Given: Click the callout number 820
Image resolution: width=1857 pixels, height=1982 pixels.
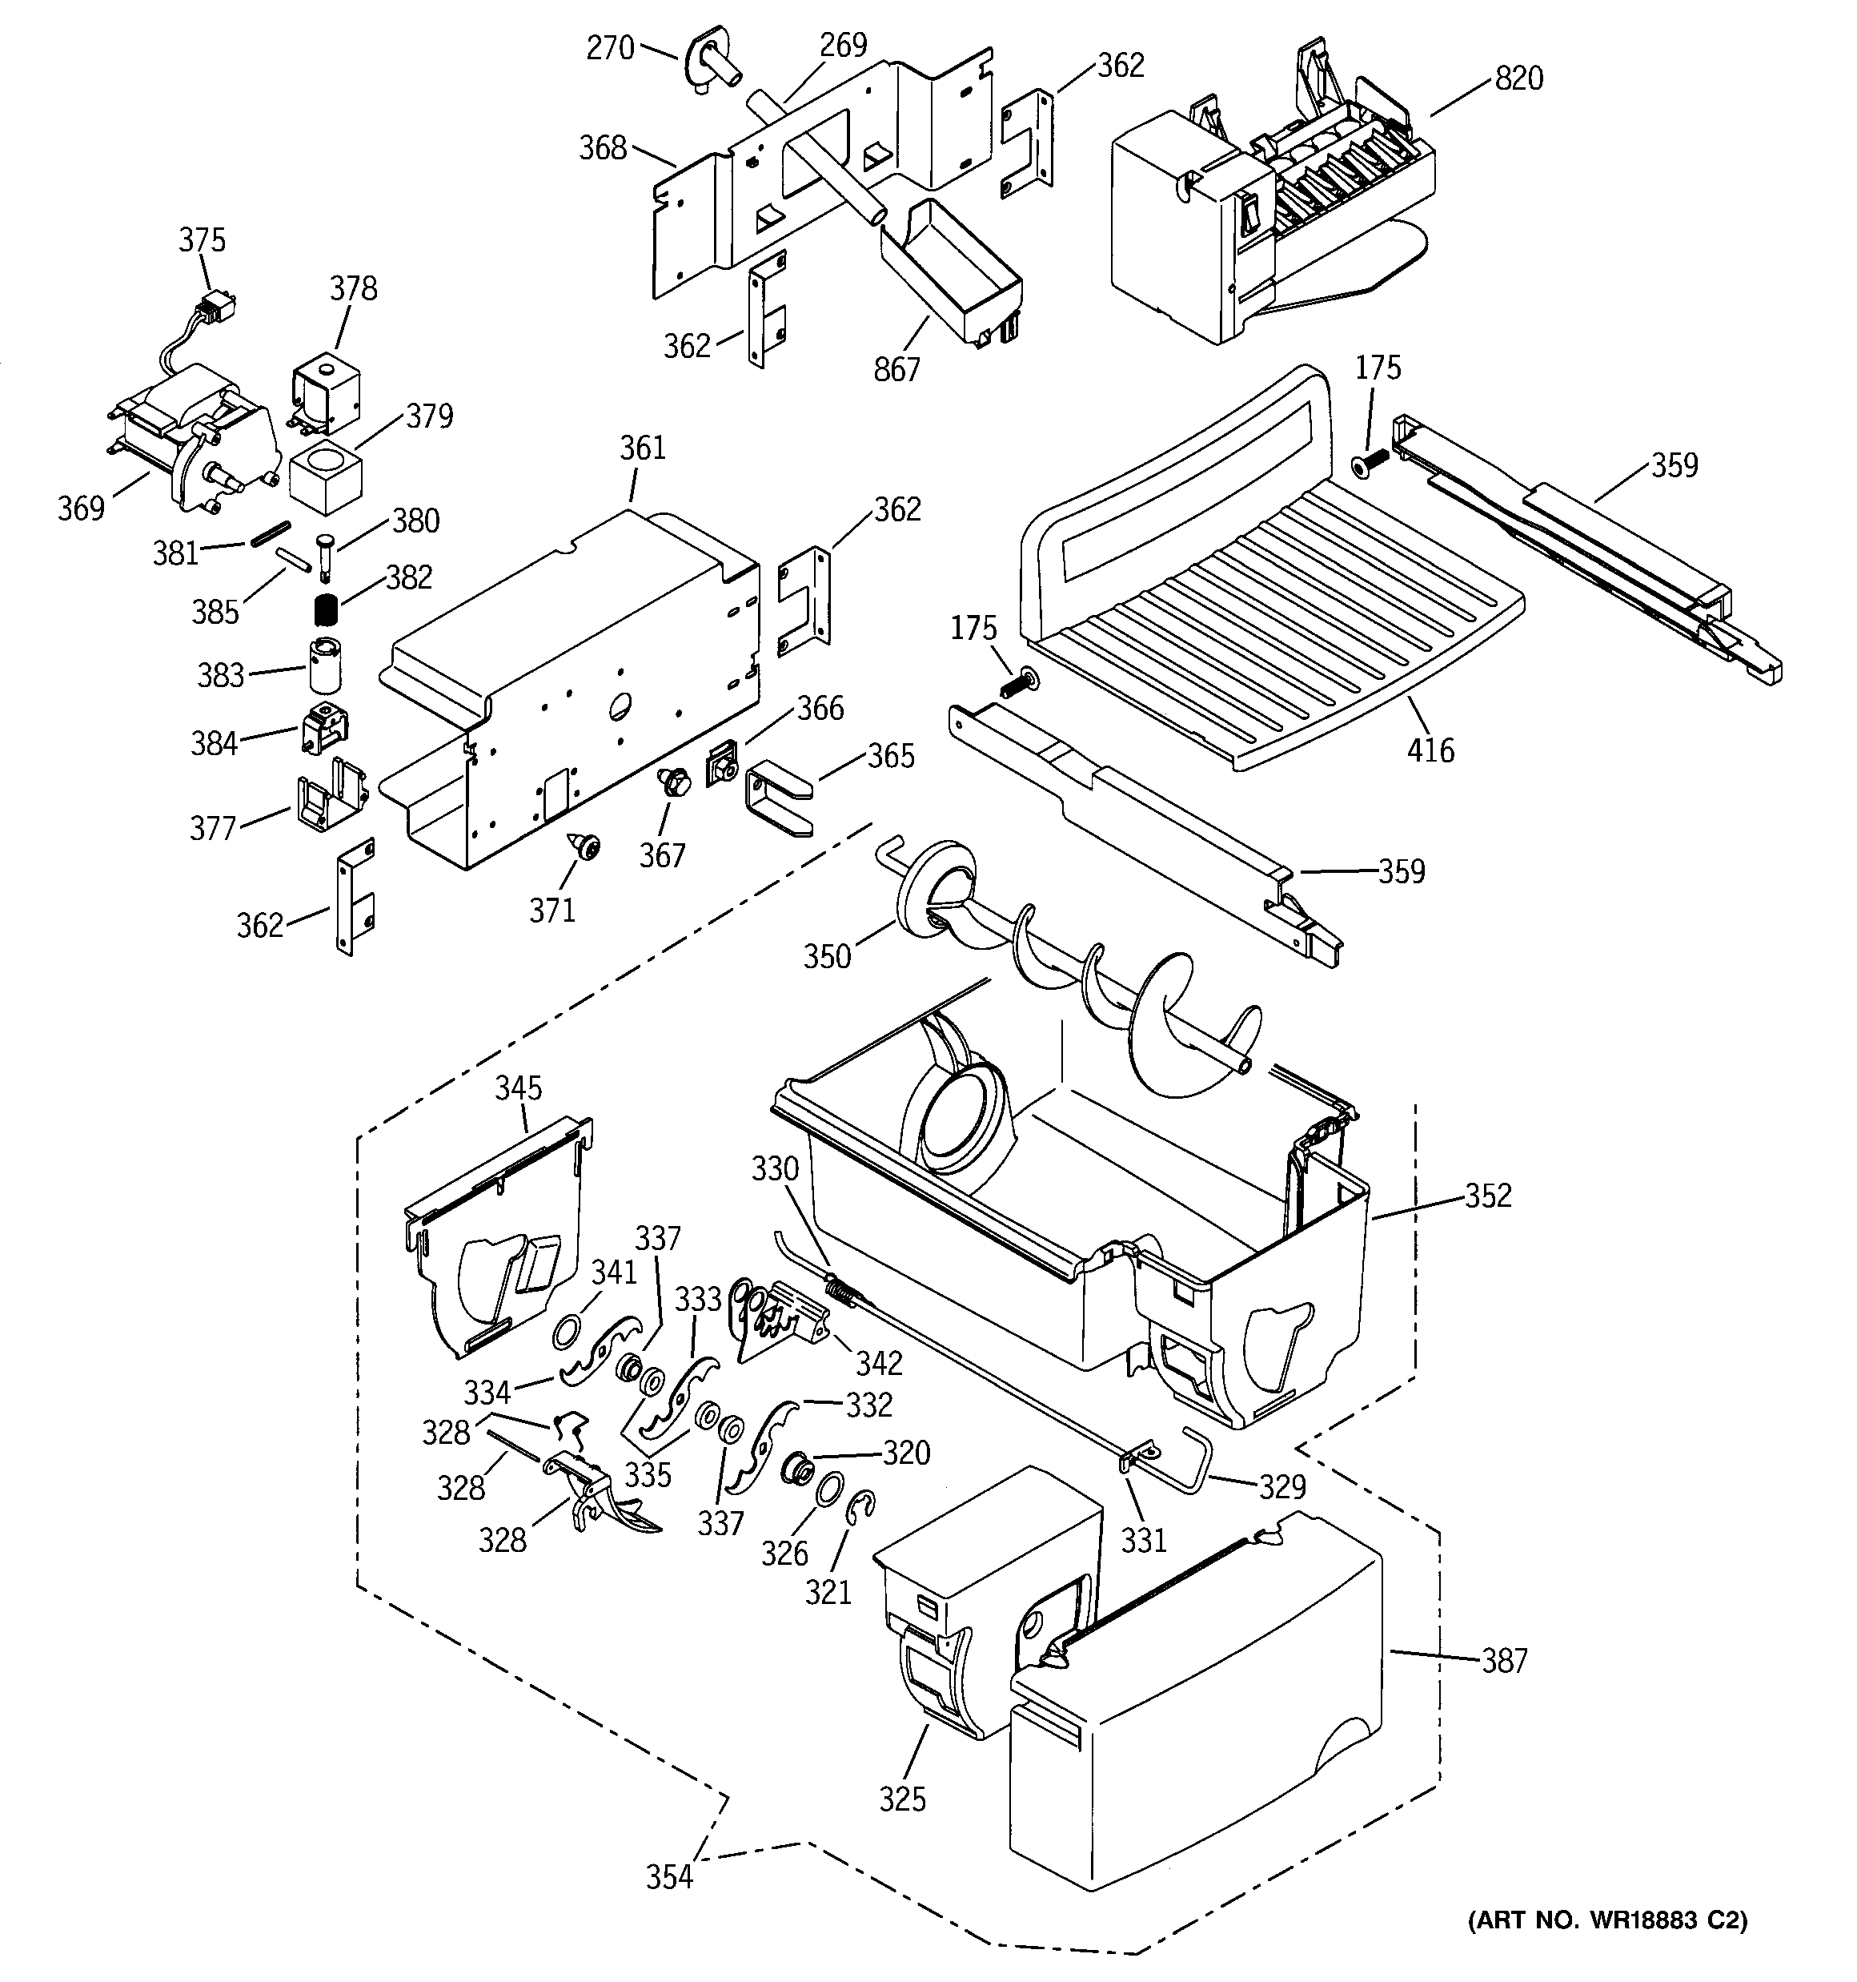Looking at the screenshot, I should click(1518, 78).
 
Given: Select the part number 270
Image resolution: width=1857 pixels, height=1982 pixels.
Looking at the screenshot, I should click(609, 47).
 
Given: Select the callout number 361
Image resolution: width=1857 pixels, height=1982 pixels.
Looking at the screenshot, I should click(642, 448).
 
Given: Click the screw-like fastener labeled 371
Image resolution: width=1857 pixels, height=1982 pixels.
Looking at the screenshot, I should click(586, 847).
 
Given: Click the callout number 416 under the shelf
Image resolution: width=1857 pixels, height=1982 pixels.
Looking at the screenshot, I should click(1430, 749).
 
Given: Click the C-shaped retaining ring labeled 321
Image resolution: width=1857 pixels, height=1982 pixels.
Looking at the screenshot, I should click(858, 1510).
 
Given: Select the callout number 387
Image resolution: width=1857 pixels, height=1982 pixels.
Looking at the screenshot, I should click(1503, 1660).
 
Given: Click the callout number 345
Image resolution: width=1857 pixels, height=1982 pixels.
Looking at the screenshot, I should click(519, 1087).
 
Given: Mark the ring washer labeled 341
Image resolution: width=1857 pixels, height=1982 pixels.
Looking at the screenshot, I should click(568, 1330).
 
